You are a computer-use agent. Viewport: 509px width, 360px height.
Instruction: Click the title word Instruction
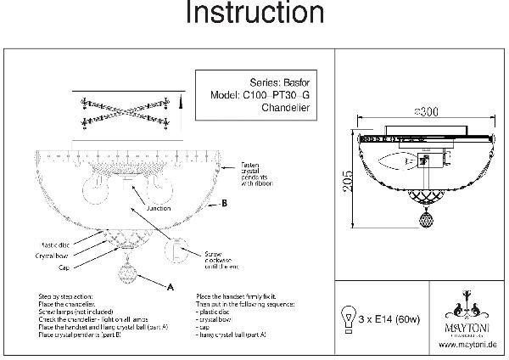click(x=254, y=14)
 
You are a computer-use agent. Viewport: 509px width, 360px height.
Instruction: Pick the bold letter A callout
click(x=171, y=287)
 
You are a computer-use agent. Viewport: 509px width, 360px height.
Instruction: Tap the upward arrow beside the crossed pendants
click(x=180, y=105)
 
